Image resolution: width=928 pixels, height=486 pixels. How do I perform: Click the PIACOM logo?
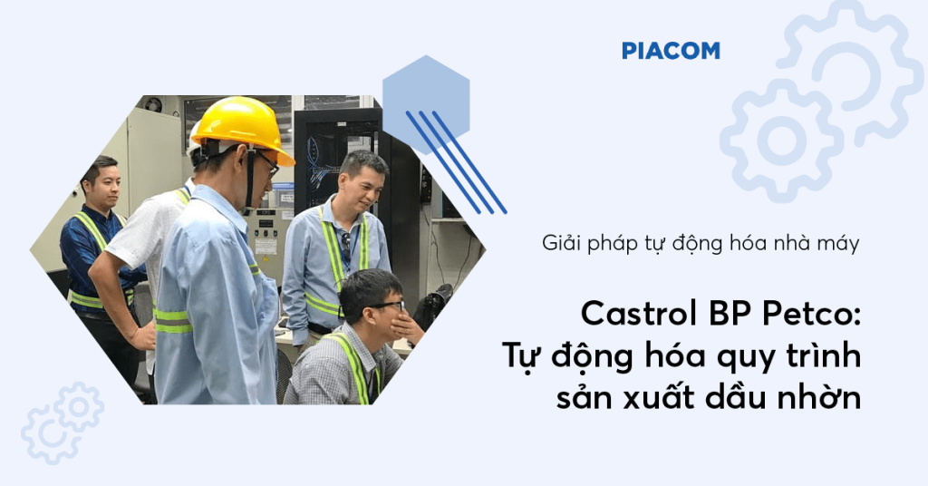tap(671, 51)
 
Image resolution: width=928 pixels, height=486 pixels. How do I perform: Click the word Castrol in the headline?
tap(631, 315)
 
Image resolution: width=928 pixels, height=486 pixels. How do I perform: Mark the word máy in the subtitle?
tap(838, 243)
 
